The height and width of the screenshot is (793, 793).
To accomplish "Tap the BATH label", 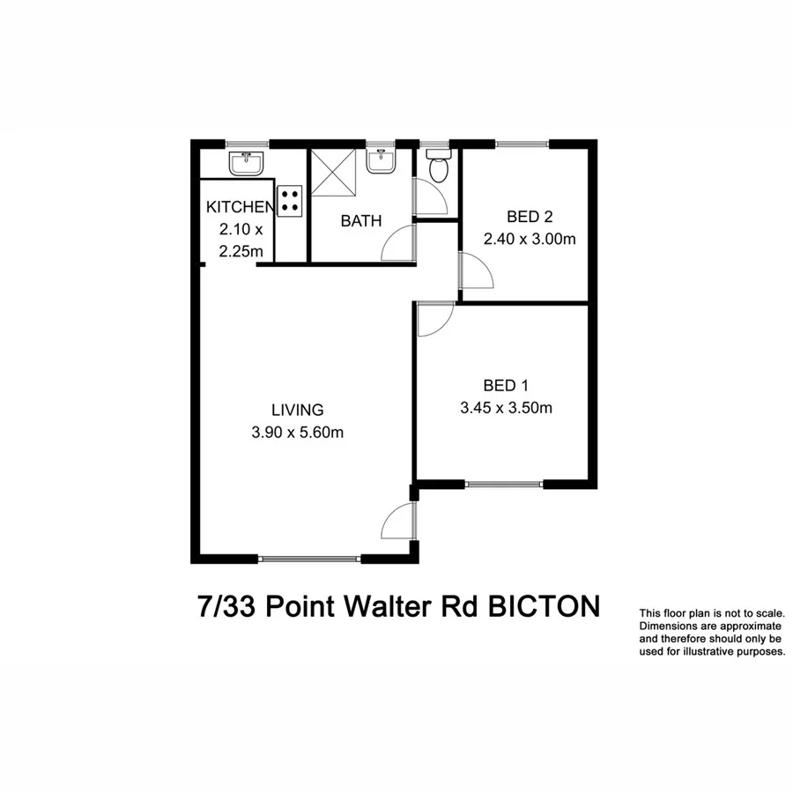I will [361, 221].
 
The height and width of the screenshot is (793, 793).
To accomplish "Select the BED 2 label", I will [530, 216].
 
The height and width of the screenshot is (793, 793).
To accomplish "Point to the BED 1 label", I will [506, 385].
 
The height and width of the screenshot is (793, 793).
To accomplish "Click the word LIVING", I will [298, 410].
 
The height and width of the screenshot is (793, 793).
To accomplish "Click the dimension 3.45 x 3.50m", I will [506, 408].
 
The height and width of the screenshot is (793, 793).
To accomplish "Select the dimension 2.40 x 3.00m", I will [530, 239].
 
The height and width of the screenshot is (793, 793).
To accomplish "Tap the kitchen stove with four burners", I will [290, 201].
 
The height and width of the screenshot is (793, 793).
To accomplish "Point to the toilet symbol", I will [437, 165].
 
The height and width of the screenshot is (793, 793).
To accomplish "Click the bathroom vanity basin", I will [382, 160].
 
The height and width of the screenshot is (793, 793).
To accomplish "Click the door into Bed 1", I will [434, 319].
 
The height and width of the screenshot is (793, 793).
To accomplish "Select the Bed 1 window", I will [504, 484].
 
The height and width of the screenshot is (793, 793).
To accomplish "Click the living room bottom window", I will [309, 558].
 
